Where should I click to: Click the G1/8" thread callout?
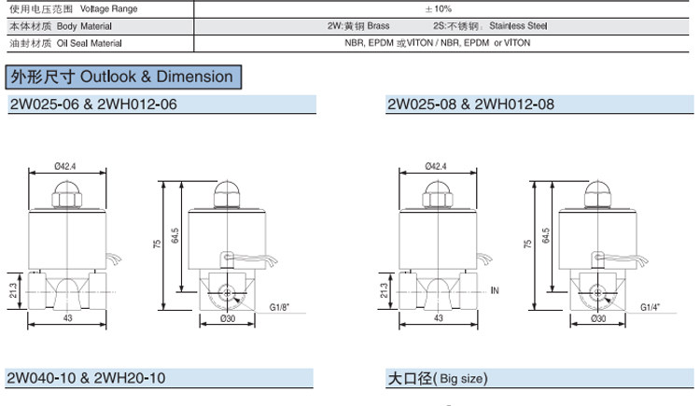pyautogui.click(x=279, y=307)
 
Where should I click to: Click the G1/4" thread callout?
pyautogui.click(x=650, y=307)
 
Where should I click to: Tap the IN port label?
pyautogui.click(x=495, y=290)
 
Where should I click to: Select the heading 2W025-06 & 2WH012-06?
pyautogui.click(x=93, y=105)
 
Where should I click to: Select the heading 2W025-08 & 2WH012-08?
pyautogui.click(x=470, y=105)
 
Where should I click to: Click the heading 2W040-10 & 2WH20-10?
pyautogui.click(x=86, y=378)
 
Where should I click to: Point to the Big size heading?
pyautogui.click(x=438, y=378)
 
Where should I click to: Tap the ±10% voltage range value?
pyautogui.click(x=439, y=8)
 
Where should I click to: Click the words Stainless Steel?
pyautogui.click(x=518, y=26)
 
